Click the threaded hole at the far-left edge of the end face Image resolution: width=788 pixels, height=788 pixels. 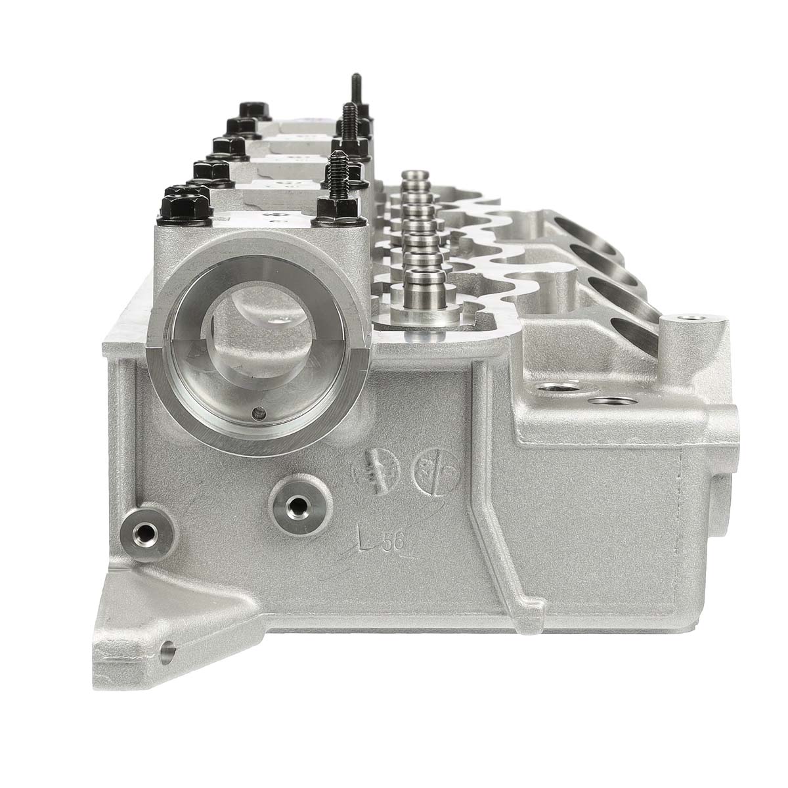(142, 529)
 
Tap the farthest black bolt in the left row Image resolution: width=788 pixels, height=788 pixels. (250, 108)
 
